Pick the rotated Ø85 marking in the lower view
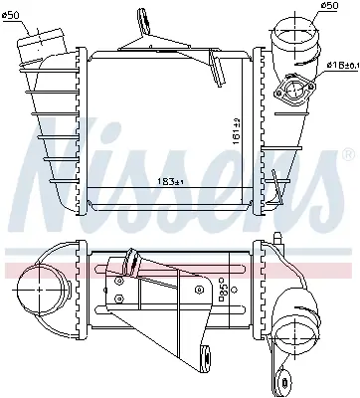click(x=224, y=289)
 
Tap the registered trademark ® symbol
click(x=346, y=154)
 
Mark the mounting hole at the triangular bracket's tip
click(x=207, y=354)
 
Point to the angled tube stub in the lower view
click(x=126, y=267)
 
